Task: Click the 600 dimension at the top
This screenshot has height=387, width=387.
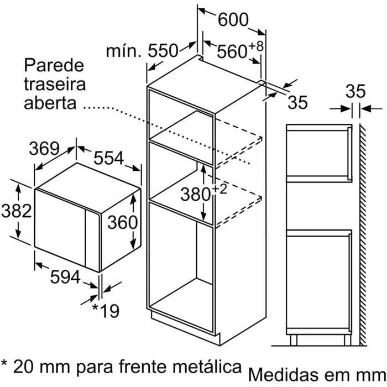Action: pos(233,19)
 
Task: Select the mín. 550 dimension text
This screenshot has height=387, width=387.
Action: pos(142,51)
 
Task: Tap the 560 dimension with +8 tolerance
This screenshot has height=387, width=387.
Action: pos(240,50)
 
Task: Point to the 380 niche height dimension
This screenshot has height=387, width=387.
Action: pos(203,193)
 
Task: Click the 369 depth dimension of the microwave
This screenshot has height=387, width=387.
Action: pos(44,148)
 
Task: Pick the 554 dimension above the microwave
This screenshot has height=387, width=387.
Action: pos(108,158)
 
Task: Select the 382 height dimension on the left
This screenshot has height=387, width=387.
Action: pos(16,211)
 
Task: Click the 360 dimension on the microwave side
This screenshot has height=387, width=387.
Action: pos(122,222)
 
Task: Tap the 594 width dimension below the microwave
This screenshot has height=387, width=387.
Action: pos(65,277)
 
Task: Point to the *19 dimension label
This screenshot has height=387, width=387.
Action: pos(106,311)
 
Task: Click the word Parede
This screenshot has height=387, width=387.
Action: pos(54,65)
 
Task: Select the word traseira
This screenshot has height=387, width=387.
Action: pos(55,84)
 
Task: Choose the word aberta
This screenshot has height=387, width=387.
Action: pos(50,103)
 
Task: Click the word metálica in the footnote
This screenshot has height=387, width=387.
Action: pos(207,366)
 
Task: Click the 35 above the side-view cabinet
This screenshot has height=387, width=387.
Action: pos(355,91)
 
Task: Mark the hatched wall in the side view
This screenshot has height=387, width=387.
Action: pos(363,234)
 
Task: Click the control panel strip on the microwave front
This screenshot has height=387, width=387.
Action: pos(92,238)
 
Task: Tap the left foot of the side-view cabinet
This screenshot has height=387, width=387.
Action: pos(294,340)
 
